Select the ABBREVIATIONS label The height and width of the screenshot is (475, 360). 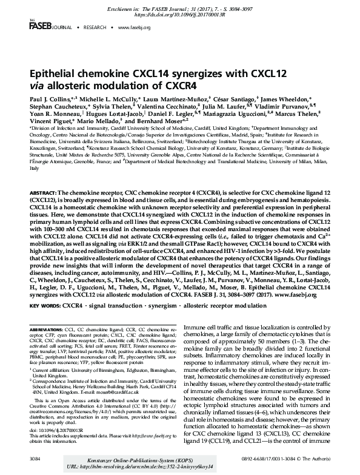coord(48,328)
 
